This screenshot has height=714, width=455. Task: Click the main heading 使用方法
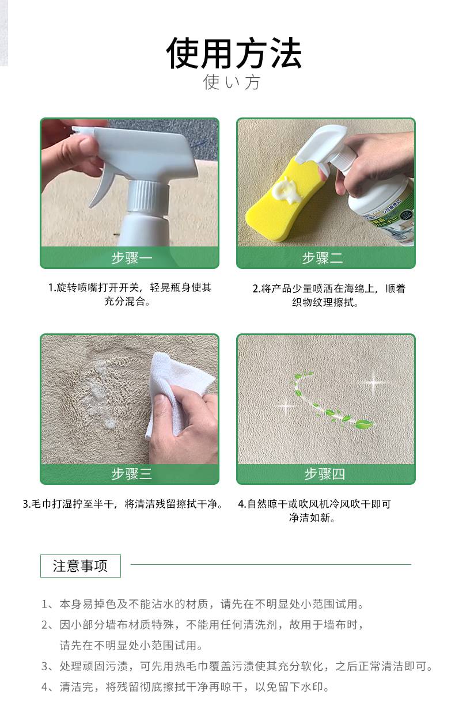(x=234, y=53)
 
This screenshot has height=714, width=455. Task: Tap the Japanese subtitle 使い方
(x=232, y=82)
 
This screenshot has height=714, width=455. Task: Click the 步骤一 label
(x=132, y=257)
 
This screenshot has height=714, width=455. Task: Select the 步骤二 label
(x=323, y=257)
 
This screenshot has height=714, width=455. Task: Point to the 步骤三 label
(x=132, y=474)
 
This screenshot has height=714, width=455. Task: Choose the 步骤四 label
(x=325, y=474)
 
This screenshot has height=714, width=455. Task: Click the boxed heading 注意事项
(x=81, y=566)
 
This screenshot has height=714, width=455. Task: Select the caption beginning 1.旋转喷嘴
(x=130, y=294)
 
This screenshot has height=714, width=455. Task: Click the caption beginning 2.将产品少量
(x=329, y=295)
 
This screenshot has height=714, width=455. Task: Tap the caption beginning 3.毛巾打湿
(x=123, y=504)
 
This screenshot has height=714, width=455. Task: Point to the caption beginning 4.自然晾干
(x=314, y=510)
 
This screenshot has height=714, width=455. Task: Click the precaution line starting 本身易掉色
(x=203, y=603)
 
